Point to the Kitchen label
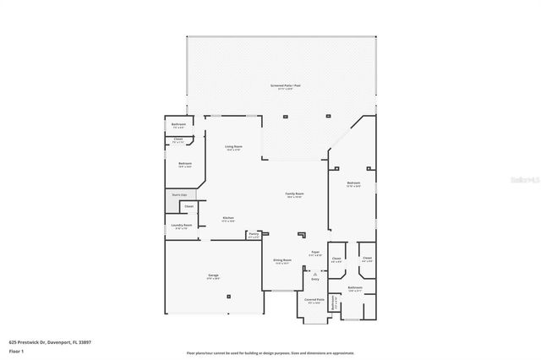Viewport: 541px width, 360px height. (228, 219)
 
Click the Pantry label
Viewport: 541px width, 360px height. (254, 236)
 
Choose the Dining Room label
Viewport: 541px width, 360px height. (282, 261)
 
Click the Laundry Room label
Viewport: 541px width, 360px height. (182, 226)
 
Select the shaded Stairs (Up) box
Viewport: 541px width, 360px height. (178, 194)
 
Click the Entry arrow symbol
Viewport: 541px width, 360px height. (314, 274)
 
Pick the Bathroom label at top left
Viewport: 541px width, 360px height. (178, 125)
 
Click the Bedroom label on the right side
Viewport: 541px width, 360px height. (353, 183)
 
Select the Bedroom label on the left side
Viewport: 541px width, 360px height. (184, 164)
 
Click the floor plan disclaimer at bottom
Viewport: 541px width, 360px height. (270, 352)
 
